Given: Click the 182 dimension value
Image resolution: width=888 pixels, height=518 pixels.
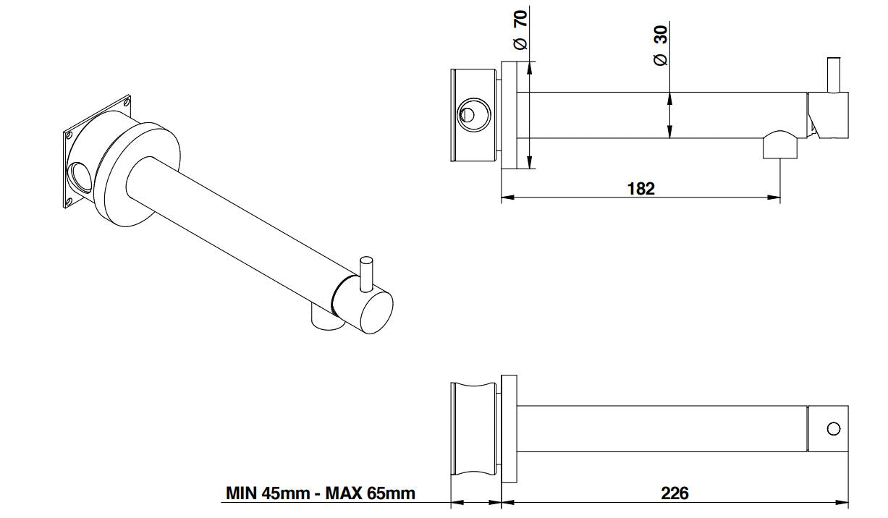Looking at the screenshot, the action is click(641, 189).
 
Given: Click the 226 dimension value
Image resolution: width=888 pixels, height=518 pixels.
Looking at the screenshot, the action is click(675, 493).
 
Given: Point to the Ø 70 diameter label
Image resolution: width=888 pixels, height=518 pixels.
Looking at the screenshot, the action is click(520, 30).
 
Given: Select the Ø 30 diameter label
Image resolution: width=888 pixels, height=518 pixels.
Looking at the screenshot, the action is click(661, 46).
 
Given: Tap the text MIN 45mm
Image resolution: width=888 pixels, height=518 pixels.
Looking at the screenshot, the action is click(268, 493).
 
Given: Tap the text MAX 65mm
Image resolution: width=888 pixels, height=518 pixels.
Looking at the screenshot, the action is click(371, 493).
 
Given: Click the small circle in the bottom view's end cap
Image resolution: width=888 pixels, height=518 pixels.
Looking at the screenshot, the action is click(833, 429).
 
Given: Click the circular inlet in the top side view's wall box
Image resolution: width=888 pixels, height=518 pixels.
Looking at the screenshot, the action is click(474, 115).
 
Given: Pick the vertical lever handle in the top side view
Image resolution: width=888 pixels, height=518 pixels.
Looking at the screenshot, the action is click(834, 75).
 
